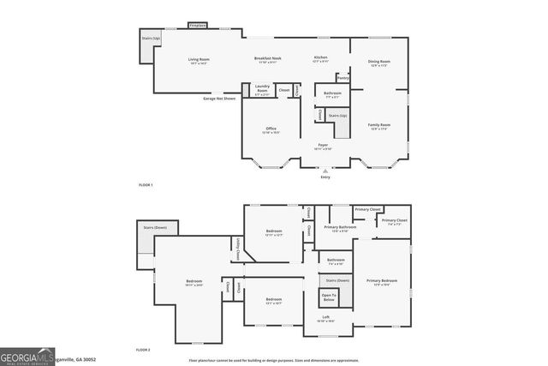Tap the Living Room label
click(x=199, y=60)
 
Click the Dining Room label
click(x=379, y=63)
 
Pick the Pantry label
click(x=342, y=78)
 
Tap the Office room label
click(x=271, y=130)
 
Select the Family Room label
click(x=379, y=126)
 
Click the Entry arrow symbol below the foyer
click(x=325, y=171)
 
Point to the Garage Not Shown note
click(x=218, y=99)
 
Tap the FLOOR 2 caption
click(x=143, y=351)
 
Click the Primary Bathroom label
click(x=341, y=228)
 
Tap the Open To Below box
click(x=329, y=297)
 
